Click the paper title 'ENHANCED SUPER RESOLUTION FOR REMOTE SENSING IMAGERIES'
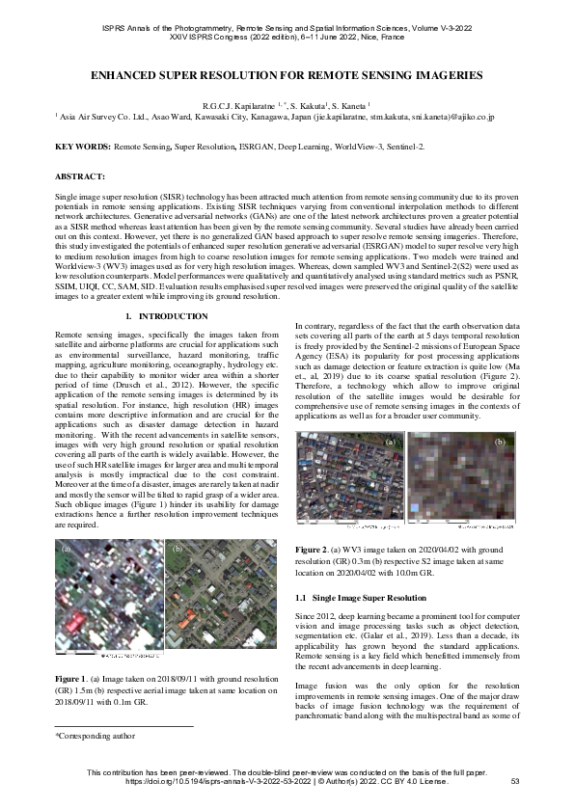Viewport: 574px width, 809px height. click(x=287, y=74)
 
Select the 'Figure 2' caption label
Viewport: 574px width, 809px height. click(x=313, y=549)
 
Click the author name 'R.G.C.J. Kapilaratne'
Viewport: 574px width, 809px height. click(x=237, y=103)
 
